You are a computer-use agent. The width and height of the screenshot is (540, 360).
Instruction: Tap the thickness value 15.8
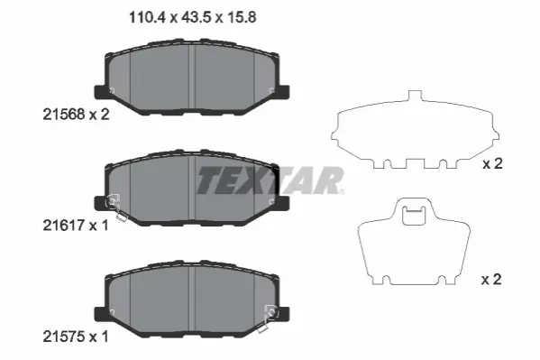[241, 17]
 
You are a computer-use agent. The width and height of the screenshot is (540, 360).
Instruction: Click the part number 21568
[64, 115]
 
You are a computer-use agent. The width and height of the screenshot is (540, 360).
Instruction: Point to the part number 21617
[64, 226]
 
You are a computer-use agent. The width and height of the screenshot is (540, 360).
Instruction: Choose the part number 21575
[64, 337]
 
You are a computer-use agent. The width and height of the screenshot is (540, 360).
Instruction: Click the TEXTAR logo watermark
[270, 180]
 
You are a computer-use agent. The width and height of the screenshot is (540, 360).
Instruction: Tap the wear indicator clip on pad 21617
[115, 207]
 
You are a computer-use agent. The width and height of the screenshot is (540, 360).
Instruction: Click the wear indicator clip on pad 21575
[268, 318]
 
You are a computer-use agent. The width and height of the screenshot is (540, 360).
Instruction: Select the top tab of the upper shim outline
[415, 96]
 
